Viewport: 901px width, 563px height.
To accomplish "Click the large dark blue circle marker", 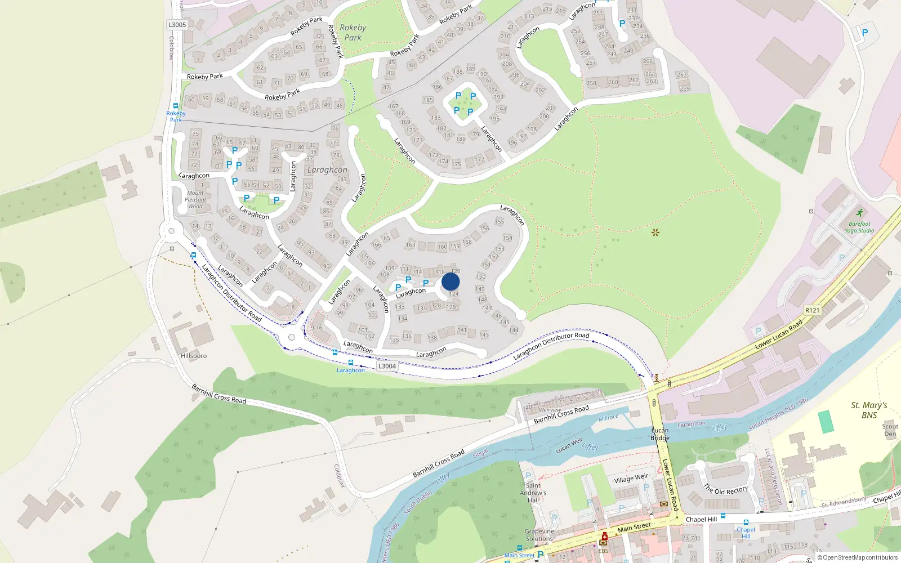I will click(x=450, y=282).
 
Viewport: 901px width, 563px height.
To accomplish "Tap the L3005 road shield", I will click(x=177, y=25).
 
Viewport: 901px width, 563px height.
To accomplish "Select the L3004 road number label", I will click(x=387, y=366).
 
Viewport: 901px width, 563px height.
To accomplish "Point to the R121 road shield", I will click(x=812, y=310).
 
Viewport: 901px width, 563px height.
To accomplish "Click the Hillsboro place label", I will click(x=194, y=356).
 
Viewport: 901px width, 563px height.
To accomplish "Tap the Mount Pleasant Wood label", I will click(x=195, y=200).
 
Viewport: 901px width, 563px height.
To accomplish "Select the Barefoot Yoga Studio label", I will click(x=859, y=227).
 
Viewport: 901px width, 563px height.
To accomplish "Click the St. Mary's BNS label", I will click(x=869, y=410).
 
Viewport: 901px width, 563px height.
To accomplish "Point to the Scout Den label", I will click(x=890, y=430).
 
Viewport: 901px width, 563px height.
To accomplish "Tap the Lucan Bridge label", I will click(x=660, y=434).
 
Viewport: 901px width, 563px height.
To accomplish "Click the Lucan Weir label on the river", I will click(x=569, y=445).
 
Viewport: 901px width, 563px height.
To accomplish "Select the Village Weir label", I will click(x=631, y=479).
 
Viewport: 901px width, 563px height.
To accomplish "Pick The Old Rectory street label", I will click(x=726, y=490).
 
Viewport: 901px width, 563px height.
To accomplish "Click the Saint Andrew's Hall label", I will click(x=533, y=493).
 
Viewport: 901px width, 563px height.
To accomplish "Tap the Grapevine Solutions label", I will click(x=539, y=535).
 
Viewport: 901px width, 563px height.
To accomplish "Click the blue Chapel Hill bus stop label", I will click(x=746, y=533).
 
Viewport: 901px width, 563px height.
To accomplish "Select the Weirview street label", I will click(x=550, y=410).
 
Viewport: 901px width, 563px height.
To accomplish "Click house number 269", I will click(x=684, y=88).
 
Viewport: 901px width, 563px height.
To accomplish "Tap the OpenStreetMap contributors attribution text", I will click(x=858, y=557).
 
